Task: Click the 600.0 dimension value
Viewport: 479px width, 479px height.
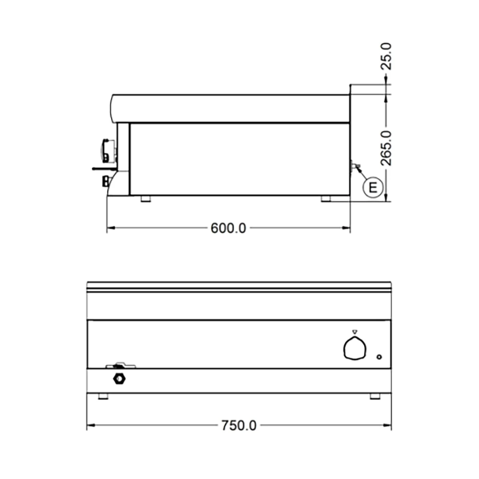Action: pyautogui.click(x=228, y=228)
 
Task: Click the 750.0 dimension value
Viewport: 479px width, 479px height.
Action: pyautogui.click(x=239, y=425)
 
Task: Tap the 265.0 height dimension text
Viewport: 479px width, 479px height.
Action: pyautogui.click(x=386, y=148)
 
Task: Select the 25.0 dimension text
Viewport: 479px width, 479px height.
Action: pyautogui.click(x=386, y=56)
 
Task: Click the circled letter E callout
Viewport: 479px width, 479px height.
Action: pyautogui.click(x=373, y=187)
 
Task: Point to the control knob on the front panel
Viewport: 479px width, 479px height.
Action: pyautogui.click(x=354, y=348)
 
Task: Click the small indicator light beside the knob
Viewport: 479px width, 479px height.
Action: pyautogui.click(x=379, y=357)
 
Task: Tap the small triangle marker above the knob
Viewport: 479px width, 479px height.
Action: pyautogui.click(x=354, y=331)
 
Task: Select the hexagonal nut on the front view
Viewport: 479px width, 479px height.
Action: pyautogui.click(x=119, y=379)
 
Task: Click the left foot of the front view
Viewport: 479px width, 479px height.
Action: pyautogui.click(x=103, y=396)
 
